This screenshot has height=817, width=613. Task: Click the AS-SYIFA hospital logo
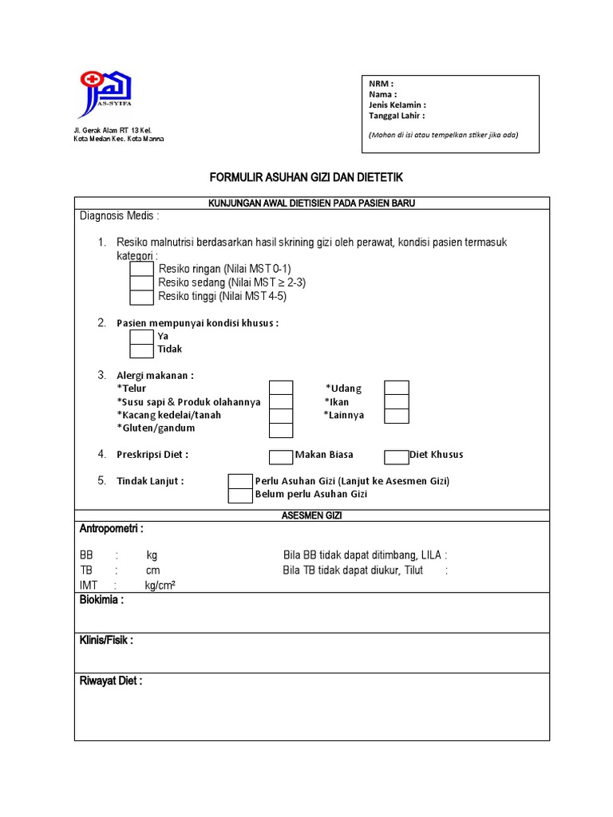[105, 95]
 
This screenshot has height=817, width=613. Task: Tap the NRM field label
[381, 84]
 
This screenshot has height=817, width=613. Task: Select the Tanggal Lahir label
[397, 115]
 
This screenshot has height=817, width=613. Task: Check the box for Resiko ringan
[142, 269]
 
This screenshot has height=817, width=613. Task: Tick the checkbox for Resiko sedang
[142, 283]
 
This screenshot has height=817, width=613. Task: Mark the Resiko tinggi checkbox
[142, 298]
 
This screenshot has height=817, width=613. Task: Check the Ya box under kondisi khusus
[142, 337]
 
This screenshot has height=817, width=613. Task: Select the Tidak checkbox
[142, 350]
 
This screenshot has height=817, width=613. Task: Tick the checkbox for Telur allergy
[281, 389]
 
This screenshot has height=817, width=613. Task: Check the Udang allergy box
[397, 389]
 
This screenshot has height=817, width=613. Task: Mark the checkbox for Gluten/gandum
[281, 430]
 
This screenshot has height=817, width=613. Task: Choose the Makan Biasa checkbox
[281, 456]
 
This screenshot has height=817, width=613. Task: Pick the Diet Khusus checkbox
[396, 456]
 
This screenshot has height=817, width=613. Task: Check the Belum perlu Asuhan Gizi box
[240, 495]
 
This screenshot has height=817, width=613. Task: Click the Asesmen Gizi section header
[311, 516]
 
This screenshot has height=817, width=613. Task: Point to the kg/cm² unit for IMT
[160, 586]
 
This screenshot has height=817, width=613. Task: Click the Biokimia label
[101, 601]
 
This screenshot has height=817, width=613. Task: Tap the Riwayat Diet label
[110, 681]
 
